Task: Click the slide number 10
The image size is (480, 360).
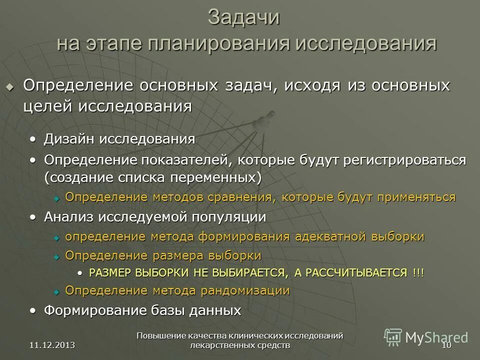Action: [x=446, y=345]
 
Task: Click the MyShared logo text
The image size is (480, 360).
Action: [x=436, y=337]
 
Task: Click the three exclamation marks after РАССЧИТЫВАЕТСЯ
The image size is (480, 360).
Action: [x=418, y=272]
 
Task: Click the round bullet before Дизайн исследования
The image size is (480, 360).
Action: [x=33, y=139]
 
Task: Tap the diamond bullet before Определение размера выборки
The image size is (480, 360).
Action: [x=56, y=256]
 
